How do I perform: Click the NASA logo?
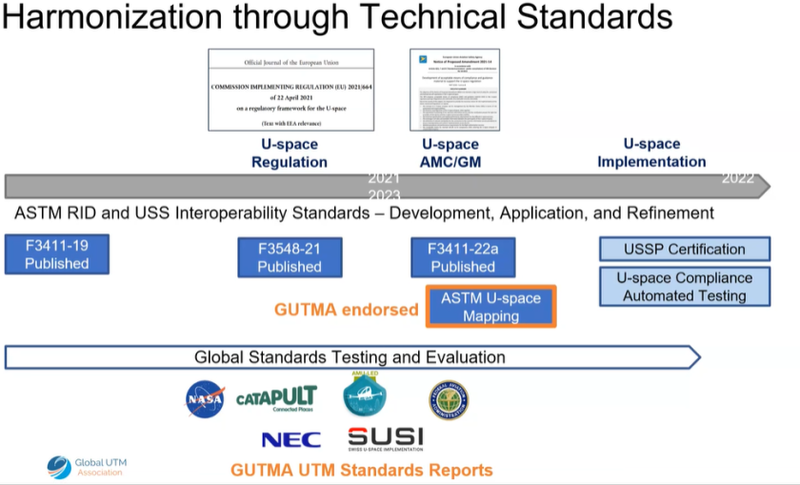click(x=205, y=399)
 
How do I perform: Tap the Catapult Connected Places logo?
click(x=276, y=398)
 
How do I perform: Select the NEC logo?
click(x=291, y=439)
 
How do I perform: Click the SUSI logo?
click(x=385, y=438)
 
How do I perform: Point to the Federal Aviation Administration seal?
click(x=448, y=399)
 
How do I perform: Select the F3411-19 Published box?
click(x=57, y=254)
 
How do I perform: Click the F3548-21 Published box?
click(x=290, y=257)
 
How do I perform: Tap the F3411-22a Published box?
click(x=463, y=257)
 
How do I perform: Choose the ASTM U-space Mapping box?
click(x=490, y=307)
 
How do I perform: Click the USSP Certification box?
click(x=684, y=250)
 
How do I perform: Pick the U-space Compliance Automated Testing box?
click(x=684, y=287)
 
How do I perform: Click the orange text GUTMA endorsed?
click(x=346, y=310)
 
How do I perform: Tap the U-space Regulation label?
click(x=290, y=153)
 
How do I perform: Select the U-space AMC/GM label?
click(x=450, y=153)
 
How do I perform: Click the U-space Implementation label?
click(x=651, y=152)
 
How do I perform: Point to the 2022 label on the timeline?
click(x=738, y=178)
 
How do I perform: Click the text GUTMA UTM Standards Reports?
click(x=362, y=470)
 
